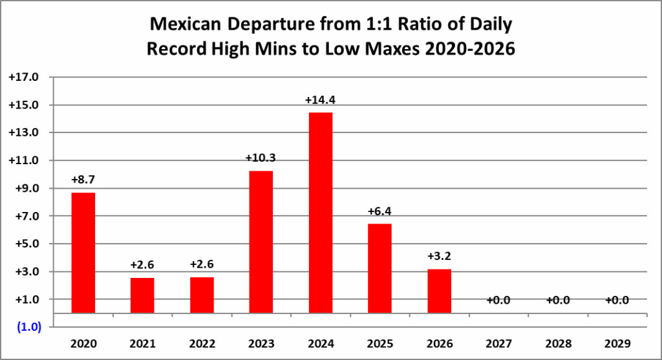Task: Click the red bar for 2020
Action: pos(83,253)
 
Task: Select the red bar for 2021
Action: pos(142,295)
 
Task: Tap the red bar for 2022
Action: pos(202,295)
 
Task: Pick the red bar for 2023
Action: pos(261,242)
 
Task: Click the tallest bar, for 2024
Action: pos(321,213)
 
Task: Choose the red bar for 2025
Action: pos(380,268)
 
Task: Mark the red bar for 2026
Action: pos(440,291)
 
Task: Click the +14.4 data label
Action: pos(321,100)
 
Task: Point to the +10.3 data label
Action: pos(261,158)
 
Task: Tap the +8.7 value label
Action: pos(83,180)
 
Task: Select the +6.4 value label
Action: pos(380,211)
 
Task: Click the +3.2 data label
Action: pos(440,256)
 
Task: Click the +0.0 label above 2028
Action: pos(559,300)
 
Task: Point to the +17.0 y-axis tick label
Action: pos(24,78)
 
